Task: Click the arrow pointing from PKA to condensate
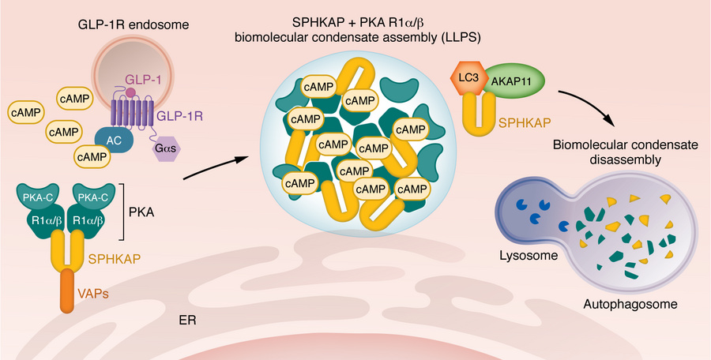213,167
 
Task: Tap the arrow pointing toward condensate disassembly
589,106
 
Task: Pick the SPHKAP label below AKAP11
524,125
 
